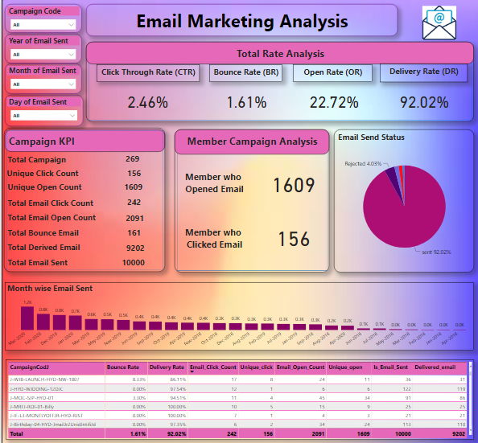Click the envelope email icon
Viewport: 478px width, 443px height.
444,22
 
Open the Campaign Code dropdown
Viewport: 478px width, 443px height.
43,25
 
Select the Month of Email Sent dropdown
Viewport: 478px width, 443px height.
43,85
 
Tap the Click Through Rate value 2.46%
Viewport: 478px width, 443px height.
148,102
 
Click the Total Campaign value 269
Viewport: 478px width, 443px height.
133,159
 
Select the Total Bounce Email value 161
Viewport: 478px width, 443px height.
133,232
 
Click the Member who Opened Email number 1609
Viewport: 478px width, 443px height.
294,185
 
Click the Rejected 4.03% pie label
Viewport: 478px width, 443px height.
364,164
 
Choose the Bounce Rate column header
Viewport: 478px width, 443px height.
122,367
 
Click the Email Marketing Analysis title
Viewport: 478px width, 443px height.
242,21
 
